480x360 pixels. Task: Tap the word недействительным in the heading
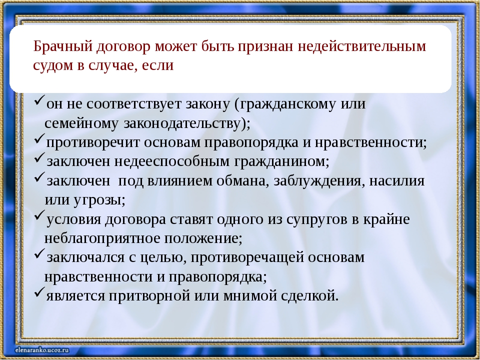click(362, 46)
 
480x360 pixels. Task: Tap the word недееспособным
click(171, 161)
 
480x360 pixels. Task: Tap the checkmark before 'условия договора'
click(39, 215)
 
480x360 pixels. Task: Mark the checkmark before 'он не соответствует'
click(39, 100)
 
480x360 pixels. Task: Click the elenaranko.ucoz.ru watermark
click(42, 350)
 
